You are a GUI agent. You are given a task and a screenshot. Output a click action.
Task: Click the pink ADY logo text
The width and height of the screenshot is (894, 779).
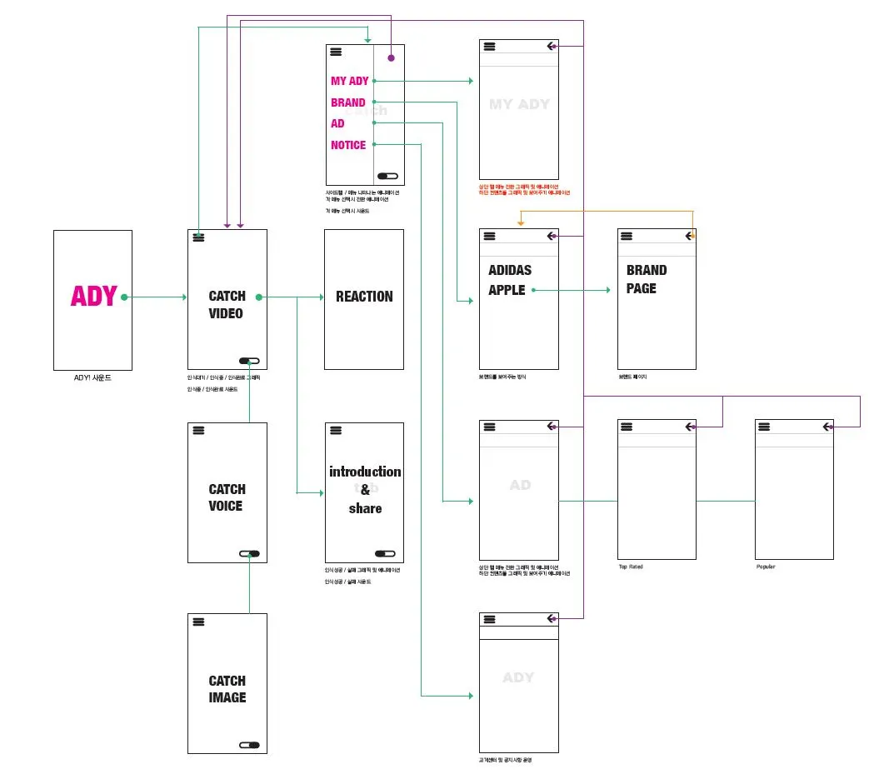[x=93, y=297]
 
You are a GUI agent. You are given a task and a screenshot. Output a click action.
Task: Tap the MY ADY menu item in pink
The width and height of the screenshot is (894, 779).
[x=349, y=81]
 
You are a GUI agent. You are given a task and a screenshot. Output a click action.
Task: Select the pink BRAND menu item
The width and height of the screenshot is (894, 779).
[x=347, y=102]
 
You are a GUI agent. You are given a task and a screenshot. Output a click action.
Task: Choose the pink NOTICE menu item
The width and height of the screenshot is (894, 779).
[x=348, y=145]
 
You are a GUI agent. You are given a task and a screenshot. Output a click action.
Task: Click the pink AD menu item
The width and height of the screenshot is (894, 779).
[x=337, y=123]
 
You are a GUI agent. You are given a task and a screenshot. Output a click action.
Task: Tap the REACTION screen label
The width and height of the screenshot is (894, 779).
[x=364, y=296]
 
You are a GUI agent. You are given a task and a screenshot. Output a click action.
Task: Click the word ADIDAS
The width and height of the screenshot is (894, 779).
[x=510, y=270]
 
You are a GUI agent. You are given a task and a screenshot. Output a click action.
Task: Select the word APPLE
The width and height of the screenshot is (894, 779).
[x=507, y=290]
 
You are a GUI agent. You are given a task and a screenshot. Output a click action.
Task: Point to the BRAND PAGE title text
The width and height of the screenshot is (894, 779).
[x=646, y=279]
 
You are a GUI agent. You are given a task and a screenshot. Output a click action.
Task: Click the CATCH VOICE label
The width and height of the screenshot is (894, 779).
[x=227, y=497]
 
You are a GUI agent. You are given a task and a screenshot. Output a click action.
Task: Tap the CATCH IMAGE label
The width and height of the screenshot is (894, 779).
[x=227, y=689]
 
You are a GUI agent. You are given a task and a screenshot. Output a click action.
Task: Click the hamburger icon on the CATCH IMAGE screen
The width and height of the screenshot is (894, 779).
[x=198, y=622]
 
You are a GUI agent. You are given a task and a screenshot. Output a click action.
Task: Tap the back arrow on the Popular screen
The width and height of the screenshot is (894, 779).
[x=827, y=427]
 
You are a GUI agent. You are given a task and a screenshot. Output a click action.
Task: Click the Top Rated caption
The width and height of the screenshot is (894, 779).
[x=630, y=567]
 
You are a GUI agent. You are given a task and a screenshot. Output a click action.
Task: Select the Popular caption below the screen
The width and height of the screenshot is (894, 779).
[x=765, y=567]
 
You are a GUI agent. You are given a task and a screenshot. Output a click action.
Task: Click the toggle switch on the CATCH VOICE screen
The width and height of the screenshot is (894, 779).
[x=249, y=553]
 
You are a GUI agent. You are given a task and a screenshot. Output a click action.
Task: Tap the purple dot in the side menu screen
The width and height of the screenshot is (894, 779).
[x=391, y=57]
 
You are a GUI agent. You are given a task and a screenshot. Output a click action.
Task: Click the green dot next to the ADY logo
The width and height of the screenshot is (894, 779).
[x=124, y=297]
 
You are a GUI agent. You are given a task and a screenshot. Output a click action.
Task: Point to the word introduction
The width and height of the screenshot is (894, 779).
[x=365, y=472]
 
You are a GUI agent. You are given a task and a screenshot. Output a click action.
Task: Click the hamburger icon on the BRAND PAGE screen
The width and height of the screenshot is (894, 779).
[x=627, y=237]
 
